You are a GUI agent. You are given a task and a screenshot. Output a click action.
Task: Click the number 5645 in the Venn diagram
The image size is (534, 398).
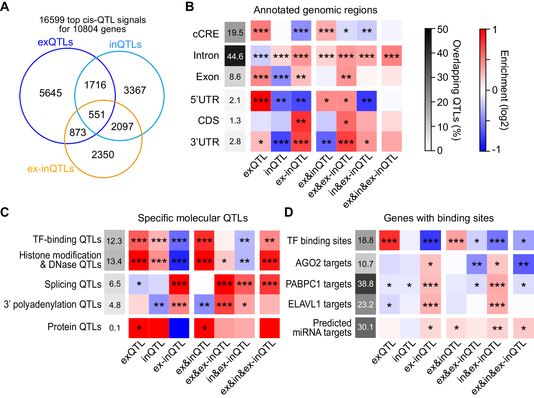coord(50,93)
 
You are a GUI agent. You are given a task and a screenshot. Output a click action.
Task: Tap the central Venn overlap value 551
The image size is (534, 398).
coord(96,115)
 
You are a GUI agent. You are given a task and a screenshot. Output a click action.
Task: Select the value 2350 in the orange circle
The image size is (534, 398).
coord(103,155)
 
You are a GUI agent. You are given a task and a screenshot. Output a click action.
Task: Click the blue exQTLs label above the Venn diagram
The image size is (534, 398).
coord(55,42)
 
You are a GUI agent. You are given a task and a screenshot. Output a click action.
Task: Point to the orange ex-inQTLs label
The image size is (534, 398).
coord(50,169)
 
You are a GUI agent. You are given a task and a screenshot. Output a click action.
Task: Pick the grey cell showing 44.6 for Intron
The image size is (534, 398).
coord(235,56)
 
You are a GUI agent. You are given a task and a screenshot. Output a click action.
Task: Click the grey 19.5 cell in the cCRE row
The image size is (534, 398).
coord(235,33)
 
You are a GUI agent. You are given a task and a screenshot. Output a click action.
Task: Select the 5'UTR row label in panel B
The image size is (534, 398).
coord(205,100)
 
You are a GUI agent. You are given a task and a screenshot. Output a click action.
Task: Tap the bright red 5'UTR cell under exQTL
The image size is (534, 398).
coord(261,101)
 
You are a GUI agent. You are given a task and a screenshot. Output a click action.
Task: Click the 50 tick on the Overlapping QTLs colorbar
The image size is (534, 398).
coord(442,30)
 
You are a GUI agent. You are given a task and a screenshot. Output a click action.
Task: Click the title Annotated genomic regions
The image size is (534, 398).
coord(315,10)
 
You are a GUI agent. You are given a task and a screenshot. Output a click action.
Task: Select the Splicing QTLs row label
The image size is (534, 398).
coord(73,284)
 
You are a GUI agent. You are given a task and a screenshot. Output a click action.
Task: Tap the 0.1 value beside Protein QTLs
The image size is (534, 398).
coord(115,328)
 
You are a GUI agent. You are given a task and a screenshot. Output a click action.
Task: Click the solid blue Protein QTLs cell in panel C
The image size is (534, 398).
coord(179,328)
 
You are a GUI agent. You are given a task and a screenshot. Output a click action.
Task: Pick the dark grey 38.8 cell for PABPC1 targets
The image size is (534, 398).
coord(365,284)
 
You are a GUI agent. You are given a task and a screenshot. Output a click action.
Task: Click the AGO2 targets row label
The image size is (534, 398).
coord(323,263)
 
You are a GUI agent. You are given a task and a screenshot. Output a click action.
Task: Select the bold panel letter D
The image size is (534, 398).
coord(289,213)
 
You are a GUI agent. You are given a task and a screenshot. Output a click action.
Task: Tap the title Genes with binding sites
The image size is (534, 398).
coord(438,218)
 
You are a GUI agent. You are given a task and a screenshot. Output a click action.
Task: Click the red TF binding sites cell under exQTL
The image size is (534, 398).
coord(389,240)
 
